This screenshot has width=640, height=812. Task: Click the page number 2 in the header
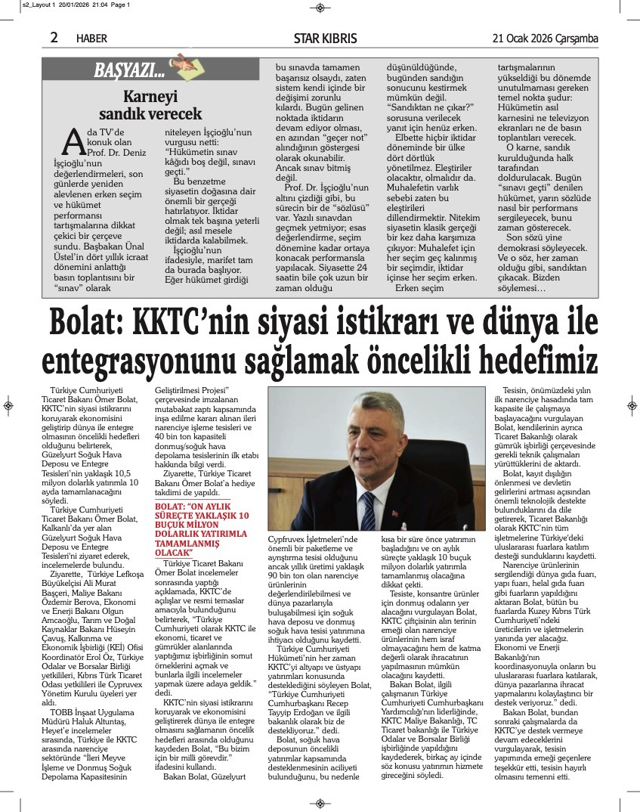pyautogui.click(x=54, y=37)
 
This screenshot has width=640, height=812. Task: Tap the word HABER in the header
pyautogui.click(x=91, y=39)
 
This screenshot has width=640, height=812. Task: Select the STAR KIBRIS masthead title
pyautogui.click(x=325, y=39)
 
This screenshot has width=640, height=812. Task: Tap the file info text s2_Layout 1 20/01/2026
pyautogui.click(x=66, y=5)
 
